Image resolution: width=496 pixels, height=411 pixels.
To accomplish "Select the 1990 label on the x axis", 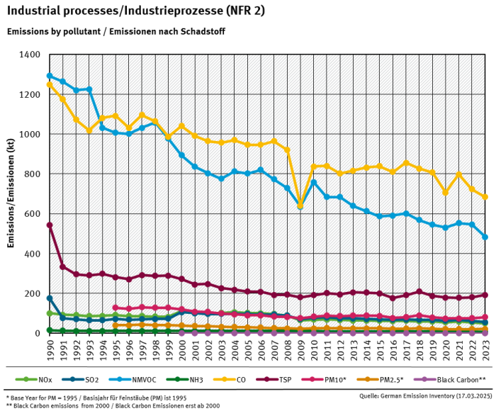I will pos(50,348).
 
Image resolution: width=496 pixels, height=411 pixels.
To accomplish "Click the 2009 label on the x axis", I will pos(300,348).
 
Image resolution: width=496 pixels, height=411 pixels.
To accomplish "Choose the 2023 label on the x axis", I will pos(485,348).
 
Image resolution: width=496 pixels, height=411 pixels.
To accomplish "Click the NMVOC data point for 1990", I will pos(50,76).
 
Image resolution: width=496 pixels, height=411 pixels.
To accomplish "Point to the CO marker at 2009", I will pos(300,204).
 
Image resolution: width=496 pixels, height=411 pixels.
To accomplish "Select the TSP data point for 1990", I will pos(50,225).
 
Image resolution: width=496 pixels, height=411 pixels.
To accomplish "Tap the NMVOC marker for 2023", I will pos(485,237).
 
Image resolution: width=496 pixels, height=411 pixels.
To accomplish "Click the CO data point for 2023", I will pos(485,197).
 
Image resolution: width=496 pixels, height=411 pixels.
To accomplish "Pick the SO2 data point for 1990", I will pos(50,298).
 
